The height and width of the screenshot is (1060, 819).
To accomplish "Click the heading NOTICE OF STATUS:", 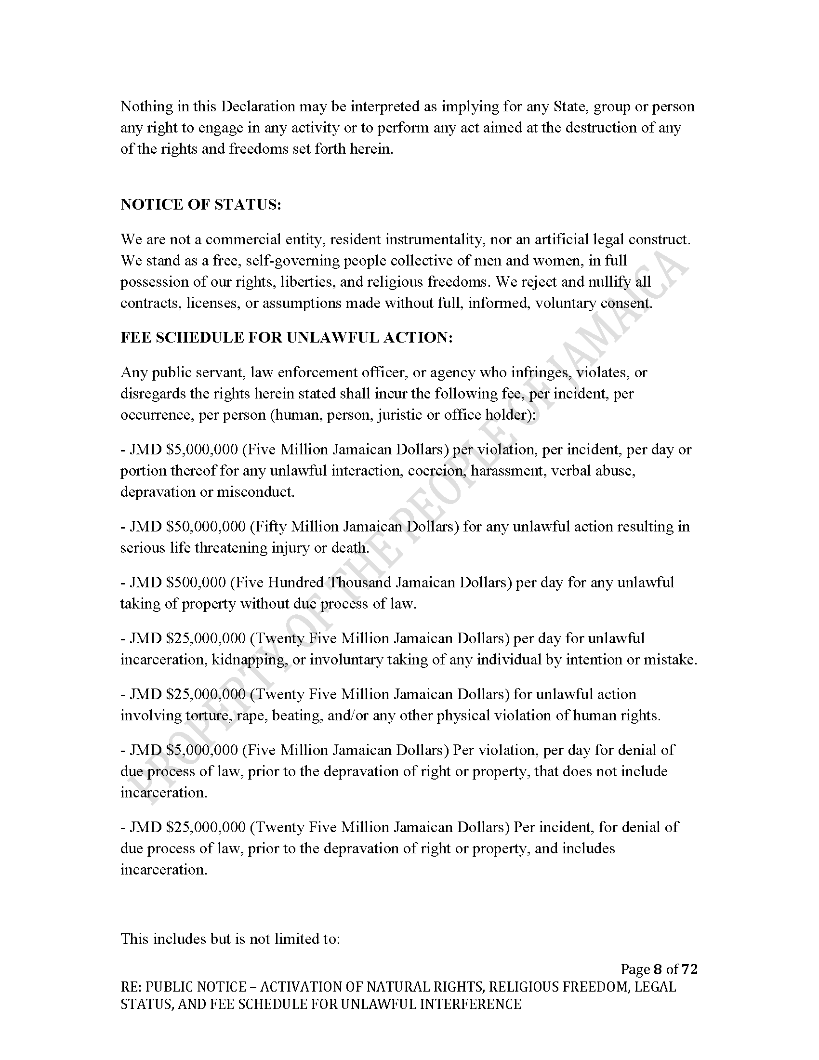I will point(201,205).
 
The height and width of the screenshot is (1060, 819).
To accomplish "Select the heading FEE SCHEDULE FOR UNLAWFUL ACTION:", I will point(286,338).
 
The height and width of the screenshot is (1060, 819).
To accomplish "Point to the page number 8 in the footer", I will point(658,969).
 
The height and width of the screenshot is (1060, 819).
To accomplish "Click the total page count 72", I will point(689,969).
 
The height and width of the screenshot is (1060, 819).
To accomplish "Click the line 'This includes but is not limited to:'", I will point(230,939).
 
